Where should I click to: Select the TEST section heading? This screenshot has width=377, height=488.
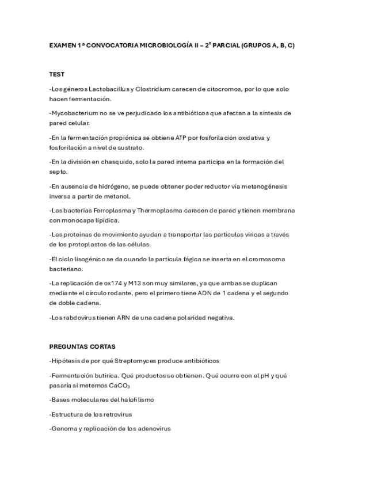[x=56, y=74]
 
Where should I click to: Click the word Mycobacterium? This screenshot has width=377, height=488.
[x=73, y=113]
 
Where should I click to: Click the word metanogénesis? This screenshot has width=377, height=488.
[x=252, y=186]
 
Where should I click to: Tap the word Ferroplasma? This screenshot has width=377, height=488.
[x=111, y=211]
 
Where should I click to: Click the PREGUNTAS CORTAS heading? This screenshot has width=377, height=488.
[x=82, y=346]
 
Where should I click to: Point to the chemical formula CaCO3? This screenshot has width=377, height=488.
[x=119, y=386]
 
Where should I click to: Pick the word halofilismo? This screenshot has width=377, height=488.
[x=136, y=399]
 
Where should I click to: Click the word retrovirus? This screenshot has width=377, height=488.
[x=117, y=414]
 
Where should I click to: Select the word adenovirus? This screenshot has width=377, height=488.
[x=153, y=429]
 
